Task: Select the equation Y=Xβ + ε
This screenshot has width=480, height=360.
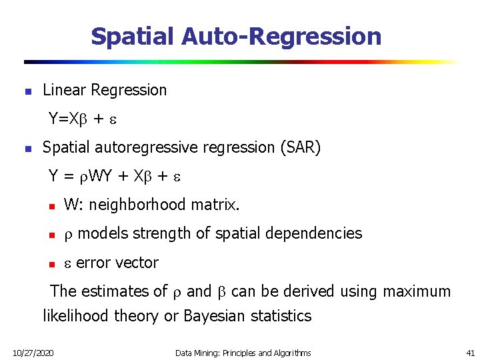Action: click(x=83, y=119)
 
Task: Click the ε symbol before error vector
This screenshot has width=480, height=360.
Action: click(x=67, y=263)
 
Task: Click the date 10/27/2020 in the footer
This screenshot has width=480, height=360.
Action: click(x=34, y=352)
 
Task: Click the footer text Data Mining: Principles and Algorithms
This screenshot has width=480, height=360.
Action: click(x=243, y=352)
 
